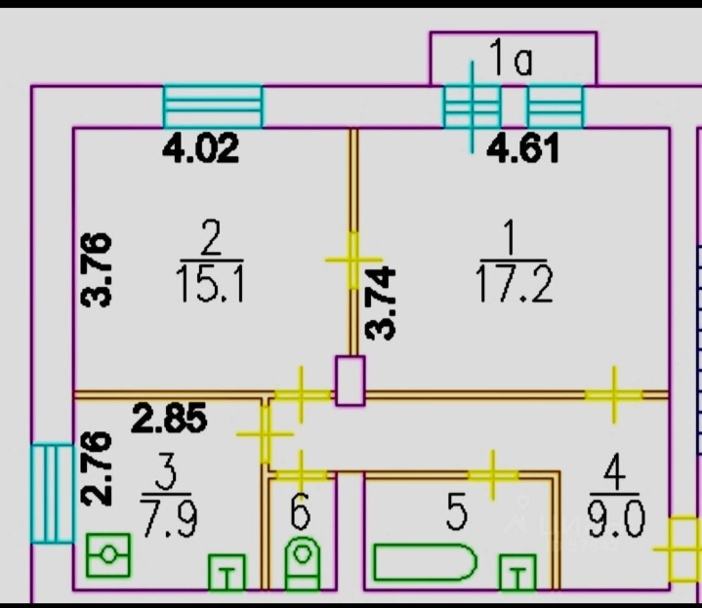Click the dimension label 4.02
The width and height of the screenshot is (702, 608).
click(200, 150)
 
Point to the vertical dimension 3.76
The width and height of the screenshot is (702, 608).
click(98, 270)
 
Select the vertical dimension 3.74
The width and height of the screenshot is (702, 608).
click(383, 303)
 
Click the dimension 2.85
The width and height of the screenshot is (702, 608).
click(170, 420)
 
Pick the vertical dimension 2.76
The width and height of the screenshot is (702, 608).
click(98, 468)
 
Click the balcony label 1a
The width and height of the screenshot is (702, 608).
click(511, 61)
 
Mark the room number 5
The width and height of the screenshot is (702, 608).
click(457, 513)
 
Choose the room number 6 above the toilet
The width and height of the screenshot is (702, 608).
click(301, 509)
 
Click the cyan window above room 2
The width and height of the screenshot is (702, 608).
click(213, 106)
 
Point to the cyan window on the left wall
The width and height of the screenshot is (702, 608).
click(52, 492)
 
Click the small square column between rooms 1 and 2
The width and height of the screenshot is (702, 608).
click(349, 381)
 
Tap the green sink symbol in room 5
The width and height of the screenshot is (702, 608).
click(517, 574)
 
